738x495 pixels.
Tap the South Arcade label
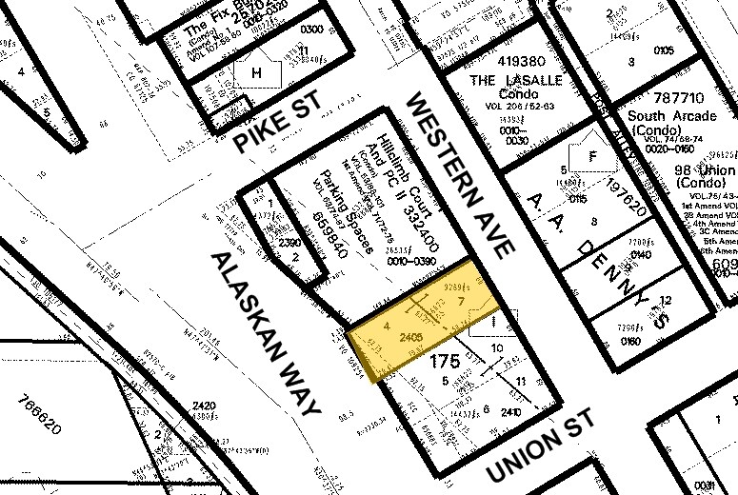(671, 117)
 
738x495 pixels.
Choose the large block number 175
(446, 362)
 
